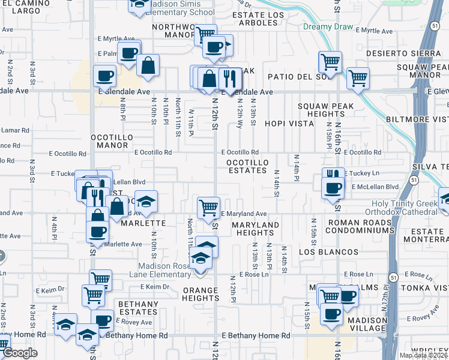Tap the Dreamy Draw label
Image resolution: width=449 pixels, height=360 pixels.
click(325, 26)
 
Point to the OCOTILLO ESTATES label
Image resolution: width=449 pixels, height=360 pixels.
click(246, 166)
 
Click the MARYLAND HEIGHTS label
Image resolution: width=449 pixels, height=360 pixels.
click(256, 229)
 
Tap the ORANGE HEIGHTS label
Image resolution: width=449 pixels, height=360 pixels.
click(200, 294)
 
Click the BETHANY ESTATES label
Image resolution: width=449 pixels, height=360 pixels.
click(138, 308)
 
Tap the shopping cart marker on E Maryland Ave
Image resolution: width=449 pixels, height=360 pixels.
click(208, 207)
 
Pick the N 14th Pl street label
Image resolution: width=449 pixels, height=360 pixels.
click(297, 167)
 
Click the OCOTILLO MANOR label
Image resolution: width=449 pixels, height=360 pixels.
click(111, 141)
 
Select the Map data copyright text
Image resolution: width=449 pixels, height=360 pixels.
click(423, 355)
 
